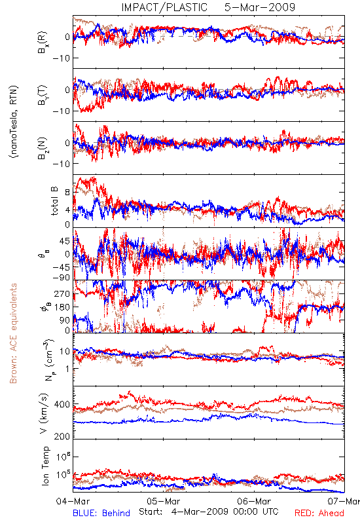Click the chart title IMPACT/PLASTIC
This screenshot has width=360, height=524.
164,7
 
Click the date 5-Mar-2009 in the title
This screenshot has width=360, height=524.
260,7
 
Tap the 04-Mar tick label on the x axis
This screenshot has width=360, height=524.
73,501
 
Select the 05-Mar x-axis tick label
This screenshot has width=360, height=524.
164,501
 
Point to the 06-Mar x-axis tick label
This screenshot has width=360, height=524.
254,501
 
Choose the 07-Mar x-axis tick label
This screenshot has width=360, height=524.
344,501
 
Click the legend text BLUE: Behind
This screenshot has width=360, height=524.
101,513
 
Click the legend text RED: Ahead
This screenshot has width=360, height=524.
319,513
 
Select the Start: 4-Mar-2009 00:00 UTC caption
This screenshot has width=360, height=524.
208,512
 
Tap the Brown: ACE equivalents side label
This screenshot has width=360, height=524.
13,333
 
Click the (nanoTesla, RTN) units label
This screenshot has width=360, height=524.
14,122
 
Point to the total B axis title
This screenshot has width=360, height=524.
54,201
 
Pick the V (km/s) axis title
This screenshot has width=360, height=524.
44,414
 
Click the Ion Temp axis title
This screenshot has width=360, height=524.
45,466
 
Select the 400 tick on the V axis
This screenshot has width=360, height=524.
62,405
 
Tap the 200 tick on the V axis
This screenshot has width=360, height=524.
62,436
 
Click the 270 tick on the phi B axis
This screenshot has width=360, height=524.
63,294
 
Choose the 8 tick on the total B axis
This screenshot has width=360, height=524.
67,193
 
